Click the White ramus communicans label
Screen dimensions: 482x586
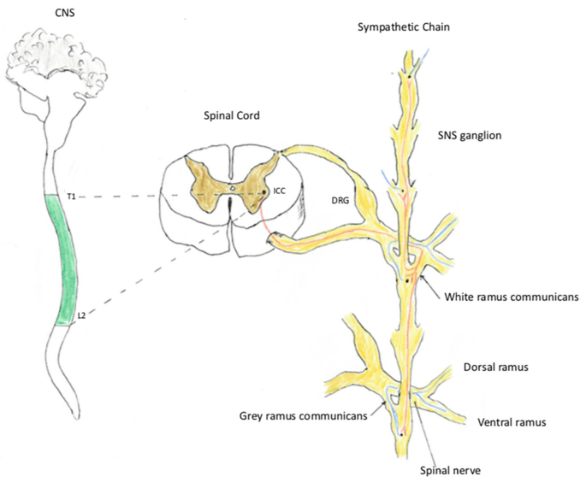[512, 297]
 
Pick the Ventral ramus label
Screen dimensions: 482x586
[512, 421]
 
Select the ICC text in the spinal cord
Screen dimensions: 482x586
[279, 191]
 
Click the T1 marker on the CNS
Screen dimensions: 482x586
[72, 197]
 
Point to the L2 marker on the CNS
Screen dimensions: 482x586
[82, 314]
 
